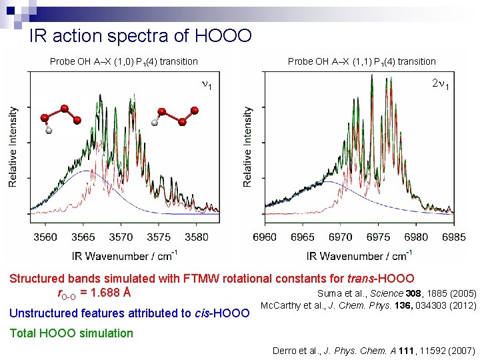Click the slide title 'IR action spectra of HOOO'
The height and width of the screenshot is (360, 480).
click(140, 35)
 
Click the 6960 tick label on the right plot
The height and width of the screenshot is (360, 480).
click(265, 237)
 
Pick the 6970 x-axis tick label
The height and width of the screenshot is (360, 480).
click(341, 237)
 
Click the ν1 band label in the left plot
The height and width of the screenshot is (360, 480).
click(207, 86)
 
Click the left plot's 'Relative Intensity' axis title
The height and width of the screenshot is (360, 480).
click(13, 147)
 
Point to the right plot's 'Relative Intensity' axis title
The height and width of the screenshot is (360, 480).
click(248, 147)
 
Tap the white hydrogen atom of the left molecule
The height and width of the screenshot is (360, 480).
click(48, 131)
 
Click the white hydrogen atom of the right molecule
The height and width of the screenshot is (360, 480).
click(155, 123)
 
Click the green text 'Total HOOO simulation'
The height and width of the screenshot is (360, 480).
click(71, 333)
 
